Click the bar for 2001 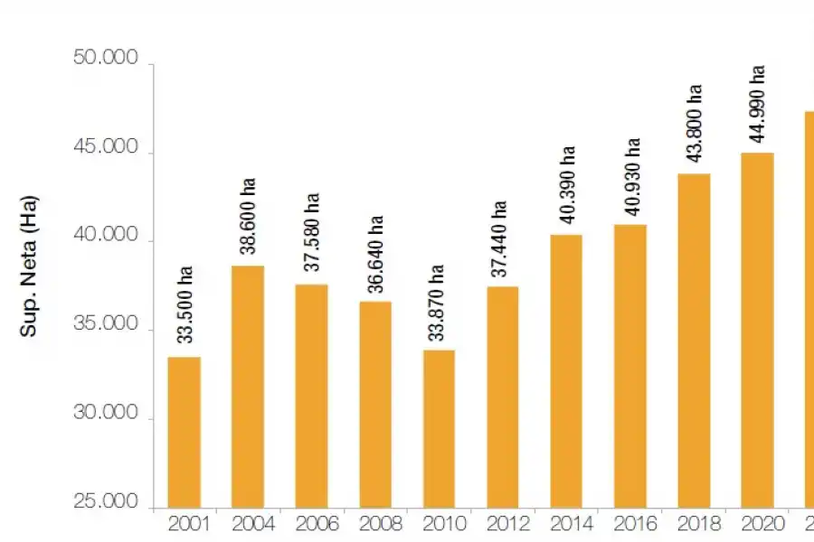(184, 432)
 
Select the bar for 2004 (248, 387)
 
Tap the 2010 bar (439, 428)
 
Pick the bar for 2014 (566, 370)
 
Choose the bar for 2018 (694, 340)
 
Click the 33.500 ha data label (185, 304)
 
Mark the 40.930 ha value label (631, 175)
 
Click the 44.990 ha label (758, 102)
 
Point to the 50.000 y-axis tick (105, 60)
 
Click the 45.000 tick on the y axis (105, 148)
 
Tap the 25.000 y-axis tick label (105, 503)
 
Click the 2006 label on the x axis (312, 523)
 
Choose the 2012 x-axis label (503, 523)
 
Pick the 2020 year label (758, 523)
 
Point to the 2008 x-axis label (375, 523)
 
